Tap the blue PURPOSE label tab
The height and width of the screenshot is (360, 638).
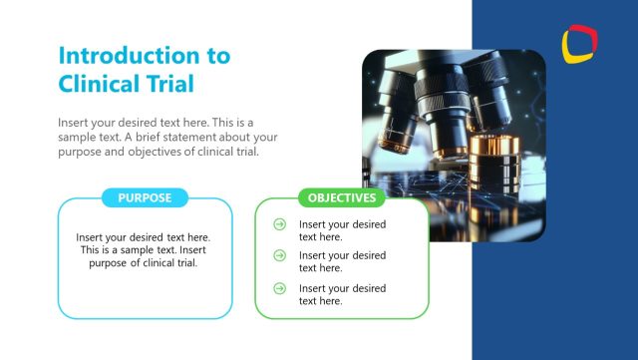pyautogui.click(x=145, y=197)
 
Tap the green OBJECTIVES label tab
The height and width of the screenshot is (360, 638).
pyautogui.click(x=341, y=197)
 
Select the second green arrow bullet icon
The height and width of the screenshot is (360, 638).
pyautogui.click(x=280, y=256)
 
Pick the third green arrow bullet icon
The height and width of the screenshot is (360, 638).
pyautogui.click(x=280, y=289)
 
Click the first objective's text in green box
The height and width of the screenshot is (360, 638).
pyautogui.click(x=342, y=230)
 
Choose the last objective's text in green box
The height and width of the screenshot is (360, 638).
pyautogui.click(x=342, y=294)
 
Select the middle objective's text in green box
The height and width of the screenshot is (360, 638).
pyautogui.click(x=342, y=261)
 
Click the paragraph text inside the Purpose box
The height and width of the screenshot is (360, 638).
pyautogui.click(x=145, y=250)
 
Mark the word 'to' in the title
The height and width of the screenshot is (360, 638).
pyautogui.click(x=218, y=55)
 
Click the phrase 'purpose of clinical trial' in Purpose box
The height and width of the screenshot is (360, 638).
pyautogui.click(x=145, y=263)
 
